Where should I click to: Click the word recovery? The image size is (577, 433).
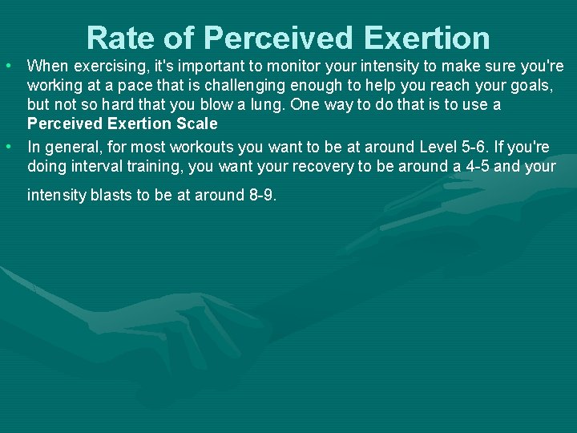coord(330,167)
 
